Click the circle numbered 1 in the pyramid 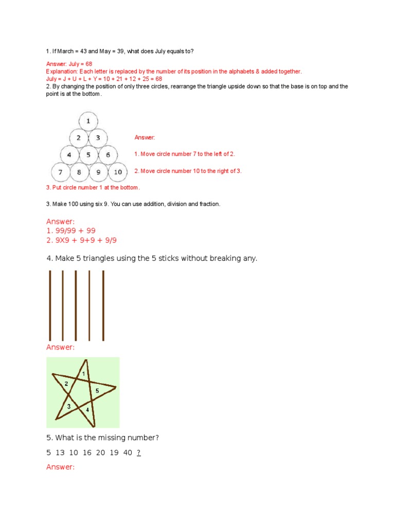pos(88,121)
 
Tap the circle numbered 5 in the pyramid pos(88,154)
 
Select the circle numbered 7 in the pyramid pos(61,171)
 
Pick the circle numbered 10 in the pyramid pos(118,171)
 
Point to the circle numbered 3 pos(98,138)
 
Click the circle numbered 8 pos(79,171)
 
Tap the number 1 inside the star pos(83,372)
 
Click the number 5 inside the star pos(97,391)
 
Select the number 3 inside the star pos(68,407)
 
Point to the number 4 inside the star pos(87,410)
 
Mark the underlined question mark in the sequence pos(139,453)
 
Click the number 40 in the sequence pos(128,453)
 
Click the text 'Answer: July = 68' pos(69,64)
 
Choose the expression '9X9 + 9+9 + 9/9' pos(85,240)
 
